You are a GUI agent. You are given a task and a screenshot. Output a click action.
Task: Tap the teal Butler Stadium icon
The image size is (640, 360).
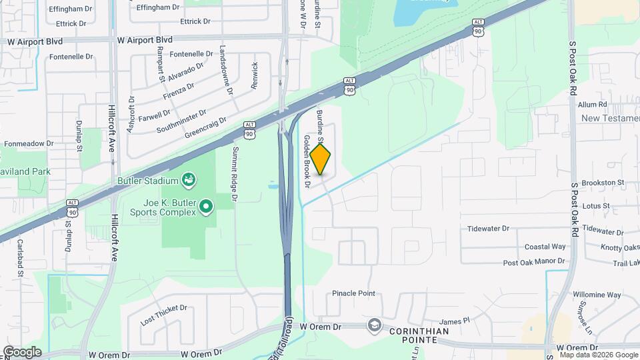tap(190, 180)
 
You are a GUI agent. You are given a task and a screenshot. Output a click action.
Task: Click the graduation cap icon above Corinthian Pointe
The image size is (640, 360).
tap(373, 325)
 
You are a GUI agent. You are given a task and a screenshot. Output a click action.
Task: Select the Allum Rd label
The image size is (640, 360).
tap(592, 105)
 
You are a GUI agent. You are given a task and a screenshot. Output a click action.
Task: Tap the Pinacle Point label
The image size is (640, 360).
tap(354, 293)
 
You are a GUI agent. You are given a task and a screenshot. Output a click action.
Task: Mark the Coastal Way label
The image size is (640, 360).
tap(545, 246)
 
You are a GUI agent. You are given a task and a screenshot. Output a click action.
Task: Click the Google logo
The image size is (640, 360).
tap(22, 351)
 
